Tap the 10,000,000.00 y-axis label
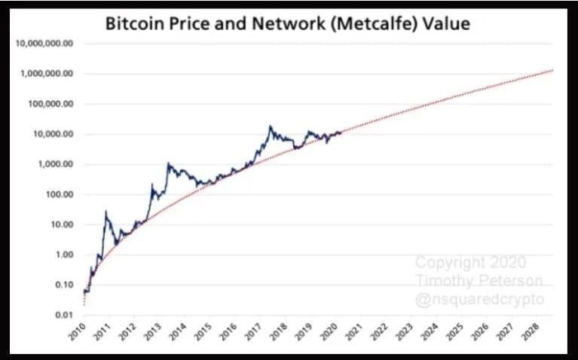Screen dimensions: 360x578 coord(44,44)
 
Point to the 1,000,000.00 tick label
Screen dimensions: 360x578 coord(46,74)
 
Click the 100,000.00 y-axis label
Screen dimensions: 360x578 coord(48,104)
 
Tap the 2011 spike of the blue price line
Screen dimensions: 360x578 coord(106,212)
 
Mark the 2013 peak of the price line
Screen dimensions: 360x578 coord(168,163)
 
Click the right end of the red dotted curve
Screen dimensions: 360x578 coord(554,70)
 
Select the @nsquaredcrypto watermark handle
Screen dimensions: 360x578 coord(479,298)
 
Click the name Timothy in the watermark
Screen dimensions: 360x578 coord(443,280)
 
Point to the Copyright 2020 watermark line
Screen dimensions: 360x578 coord(471,263)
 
